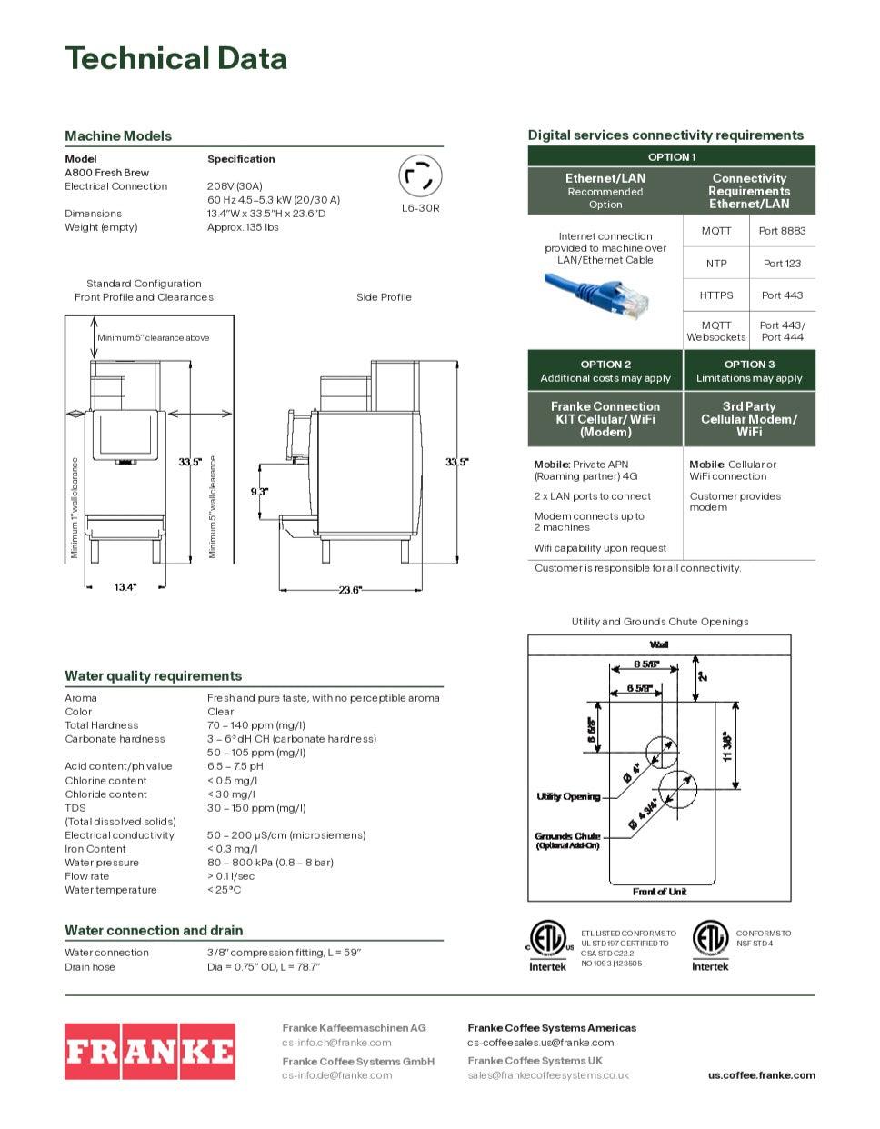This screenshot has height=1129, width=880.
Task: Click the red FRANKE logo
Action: point(150,1051)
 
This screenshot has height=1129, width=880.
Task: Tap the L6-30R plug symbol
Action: point(420,176)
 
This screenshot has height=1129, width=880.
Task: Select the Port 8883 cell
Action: point(782,231)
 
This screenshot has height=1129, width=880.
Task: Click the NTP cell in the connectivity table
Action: point(716,264)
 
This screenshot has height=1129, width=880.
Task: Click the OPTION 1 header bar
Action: point(671,156)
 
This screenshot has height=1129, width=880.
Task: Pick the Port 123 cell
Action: point(782,264)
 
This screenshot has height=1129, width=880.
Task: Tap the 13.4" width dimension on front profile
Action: point(125,587)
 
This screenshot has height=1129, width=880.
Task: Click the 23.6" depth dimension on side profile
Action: point(350,590)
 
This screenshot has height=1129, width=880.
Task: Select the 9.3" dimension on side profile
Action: point(260,492)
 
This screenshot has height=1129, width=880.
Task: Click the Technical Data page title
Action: point(176,59)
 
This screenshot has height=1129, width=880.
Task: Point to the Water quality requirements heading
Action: point(154,676)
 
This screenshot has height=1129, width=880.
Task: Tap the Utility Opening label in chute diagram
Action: point(568,796)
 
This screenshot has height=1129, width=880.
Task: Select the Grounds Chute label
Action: point(567,836)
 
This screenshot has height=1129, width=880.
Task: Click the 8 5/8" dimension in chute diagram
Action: point(646,664)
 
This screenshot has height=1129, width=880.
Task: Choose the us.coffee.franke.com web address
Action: point(761,1075)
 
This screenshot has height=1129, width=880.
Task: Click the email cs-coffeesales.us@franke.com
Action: point(540,1043)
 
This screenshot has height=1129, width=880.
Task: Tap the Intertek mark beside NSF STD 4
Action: point(710,946)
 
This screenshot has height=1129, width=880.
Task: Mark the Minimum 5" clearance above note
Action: point(153,338)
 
